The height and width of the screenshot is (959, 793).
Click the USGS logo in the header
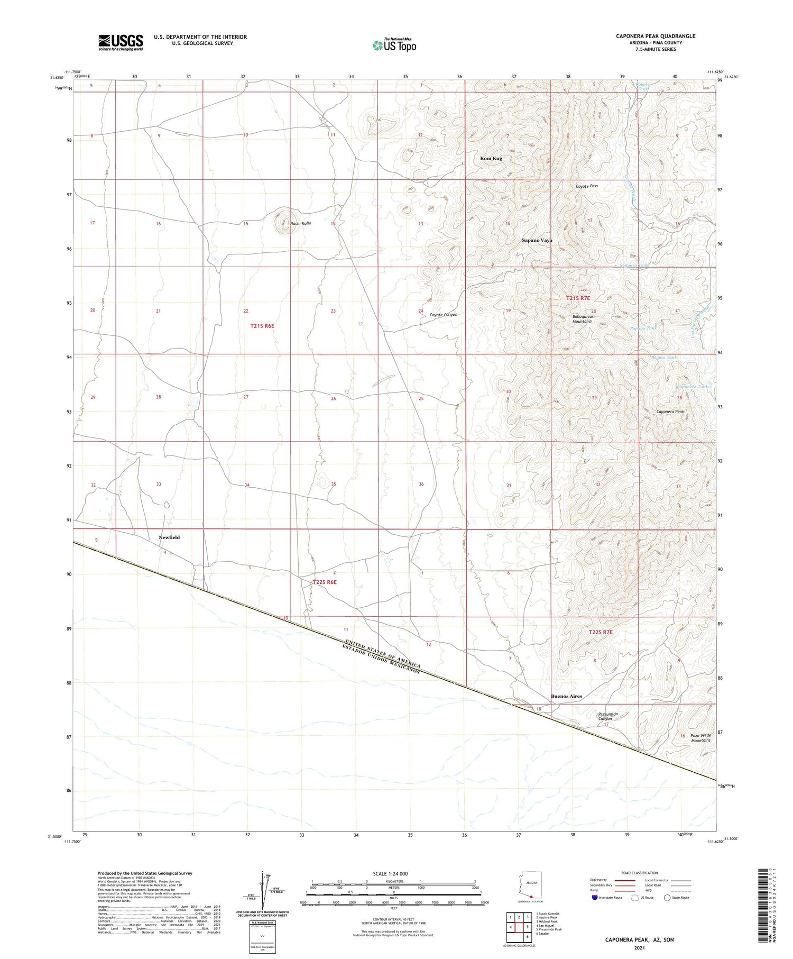point(121,42)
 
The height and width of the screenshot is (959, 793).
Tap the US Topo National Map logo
point(394,45)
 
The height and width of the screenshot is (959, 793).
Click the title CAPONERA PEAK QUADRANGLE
point(656,36)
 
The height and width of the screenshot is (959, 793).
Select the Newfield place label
point(169,537)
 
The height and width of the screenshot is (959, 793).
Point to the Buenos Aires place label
point(566,696)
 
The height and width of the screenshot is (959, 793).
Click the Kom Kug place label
point(491,158)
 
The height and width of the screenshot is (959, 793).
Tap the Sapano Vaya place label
point(537,240)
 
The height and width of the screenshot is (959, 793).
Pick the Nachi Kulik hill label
point(301,223)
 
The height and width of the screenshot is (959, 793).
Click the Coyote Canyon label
point(443,315)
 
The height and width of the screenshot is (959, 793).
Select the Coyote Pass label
point(587,186)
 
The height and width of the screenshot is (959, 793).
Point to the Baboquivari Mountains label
point(582,319)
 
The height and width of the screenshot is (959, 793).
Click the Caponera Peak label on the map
point(670,412)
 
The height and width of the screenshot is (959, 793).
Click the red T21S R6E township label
point(262,326)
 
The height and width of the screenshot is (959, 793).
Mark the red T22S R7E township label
point(601,632)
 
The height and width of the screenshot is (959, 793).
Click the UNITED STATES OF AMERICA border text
point(382,652)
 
